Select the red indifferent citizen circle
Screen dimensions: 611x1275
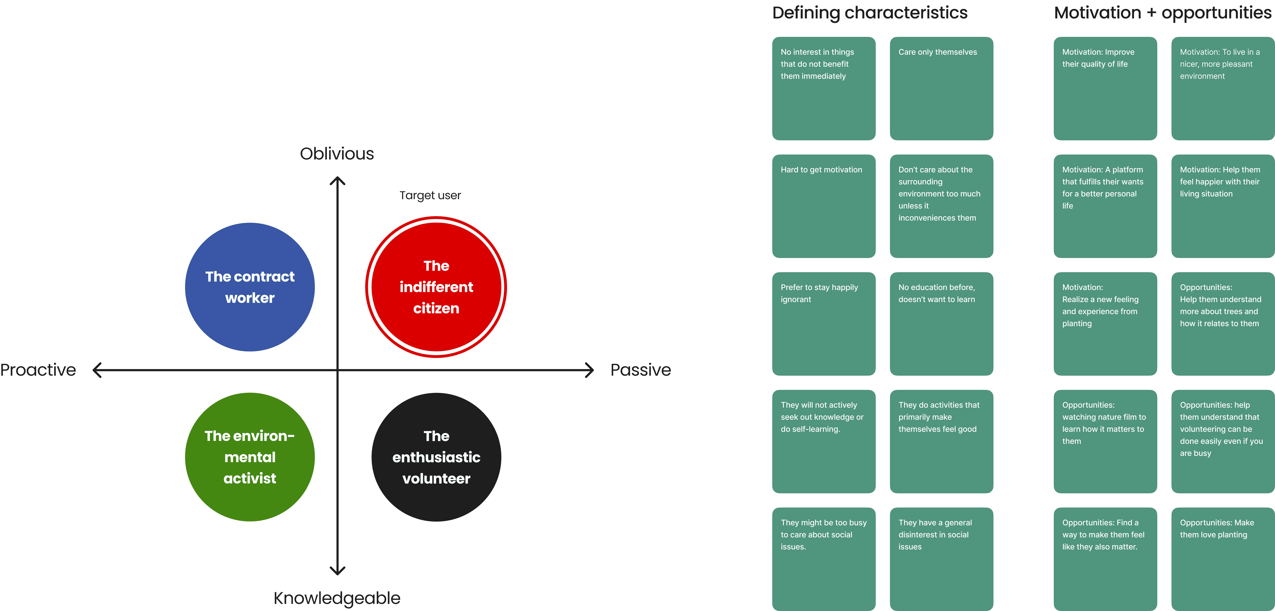436,287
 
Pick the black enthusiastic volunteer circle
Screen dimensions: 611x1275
436,457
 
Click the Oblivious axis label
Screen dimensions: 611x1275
337,154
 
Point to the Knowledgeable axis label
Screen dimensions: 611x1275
337,598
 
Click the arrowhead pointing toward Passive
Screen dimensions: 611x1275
589,370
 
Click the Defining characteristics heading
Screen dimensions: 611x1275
870,13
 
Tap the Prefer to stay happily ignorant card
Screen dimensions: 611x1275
824,323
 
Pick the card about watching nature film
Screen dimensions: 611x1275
1105,441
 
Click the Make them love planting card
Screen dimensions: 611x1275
1223,559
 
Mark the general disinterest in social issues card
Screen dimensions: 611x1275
941,559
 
